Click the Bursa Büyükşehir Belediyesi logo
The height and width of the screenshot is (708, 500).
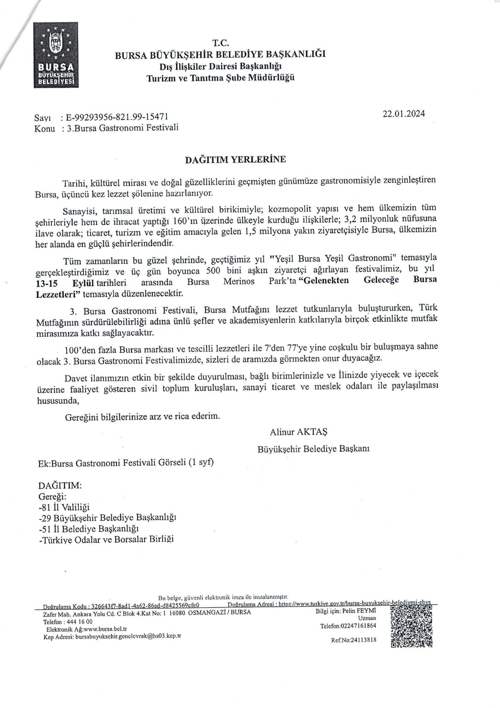click(56, 55)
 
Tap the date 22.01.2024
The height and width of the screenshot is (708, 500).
click(404, 114)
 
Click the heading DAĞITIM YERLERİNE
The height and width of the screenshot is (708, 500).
click(235, 159)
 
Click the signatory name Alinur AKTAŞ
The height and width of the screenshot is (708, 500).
click(298, 432)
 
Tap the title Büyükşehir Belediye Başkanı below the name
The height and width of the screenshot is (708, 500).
click(313, 449)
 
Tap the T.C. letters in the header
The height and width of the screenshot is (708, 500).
click(220, 43)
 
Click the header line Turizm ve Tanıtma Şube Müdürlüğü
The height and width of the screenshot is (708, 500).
click(220, 78)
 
